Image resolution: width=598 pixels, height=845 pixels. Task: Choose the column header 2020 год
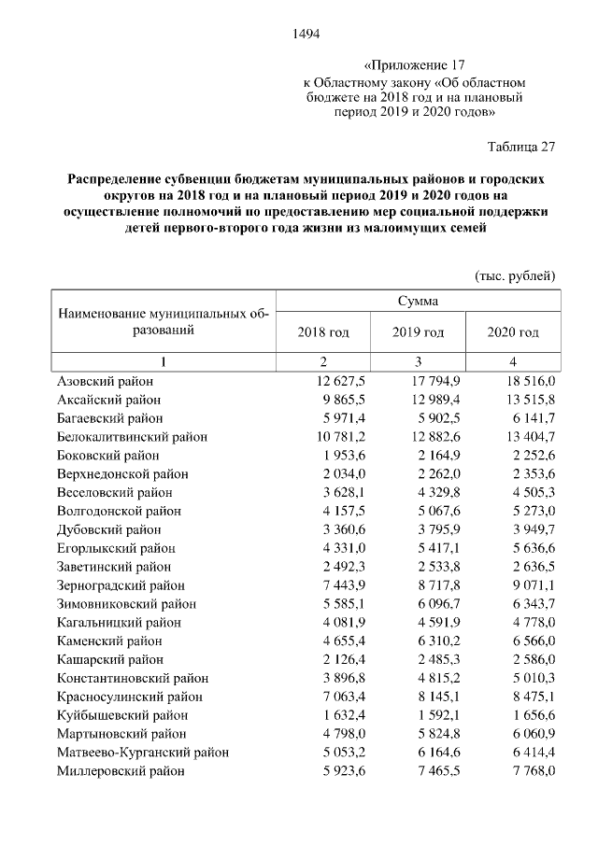[513, 332]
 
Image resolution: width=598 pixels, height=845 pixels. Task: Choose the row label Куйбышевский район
[117, 715]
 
